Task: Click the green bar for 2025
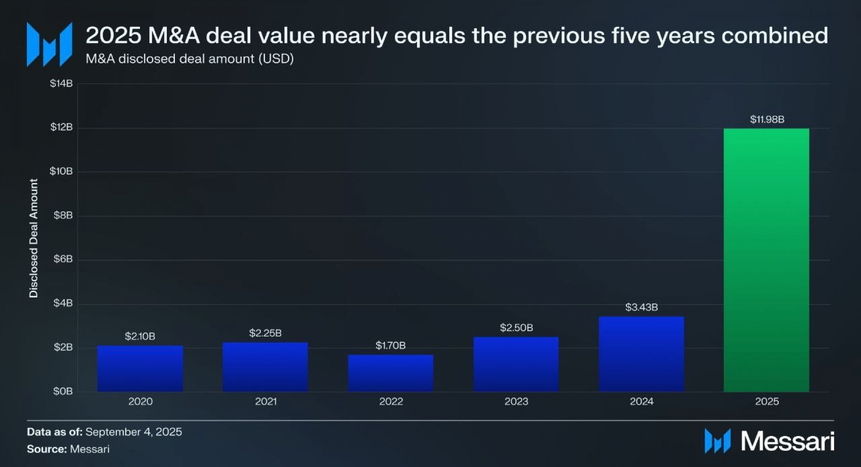click(766, 260)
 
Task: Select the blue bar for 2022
click(391, 373)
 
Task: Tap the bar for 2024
click(641, 354)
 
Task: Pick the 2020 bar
click(140, 368)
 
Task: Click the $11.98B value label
click(767, 119)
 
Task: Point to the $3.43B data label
click(641, 307)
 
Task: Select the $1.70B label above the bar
click(390, 345)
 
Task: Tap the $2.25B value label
click(265, 333)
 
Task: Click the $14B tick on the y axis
click(61, 83)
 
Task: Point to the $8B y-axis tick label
click(63, 215)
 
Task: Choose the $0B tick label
click(63, 391)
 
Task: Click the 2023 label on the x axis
click(516, 402)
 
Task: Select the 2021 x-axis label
click(265, 402)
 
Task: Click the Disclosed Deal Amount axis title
click(34, 238)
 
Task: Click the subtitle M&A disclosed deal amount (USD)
click(190, 59)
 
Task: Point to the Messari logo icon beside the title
click(49, 44)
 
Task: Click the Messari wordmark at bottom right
click(787, 441)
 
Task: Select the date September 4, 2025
click(134, 432)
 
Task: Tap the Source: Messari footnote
click(68, 449)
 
